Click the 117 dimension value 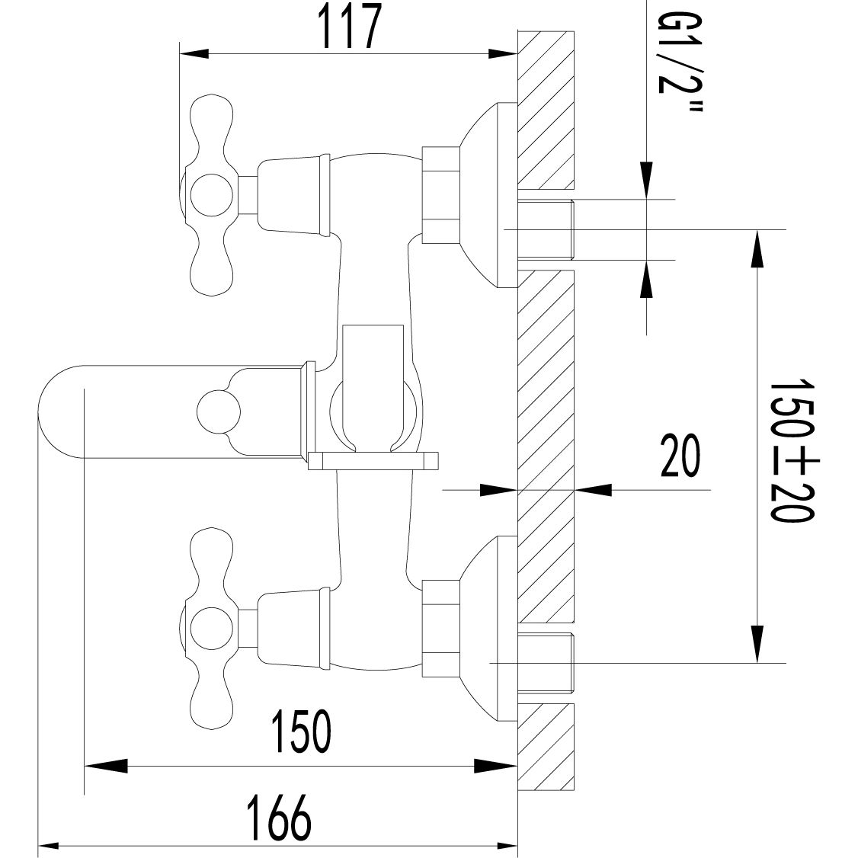pyautogui.click(x=349, y=28)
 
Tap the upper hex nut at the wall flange pyautogui.click(x=441, y=195)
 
